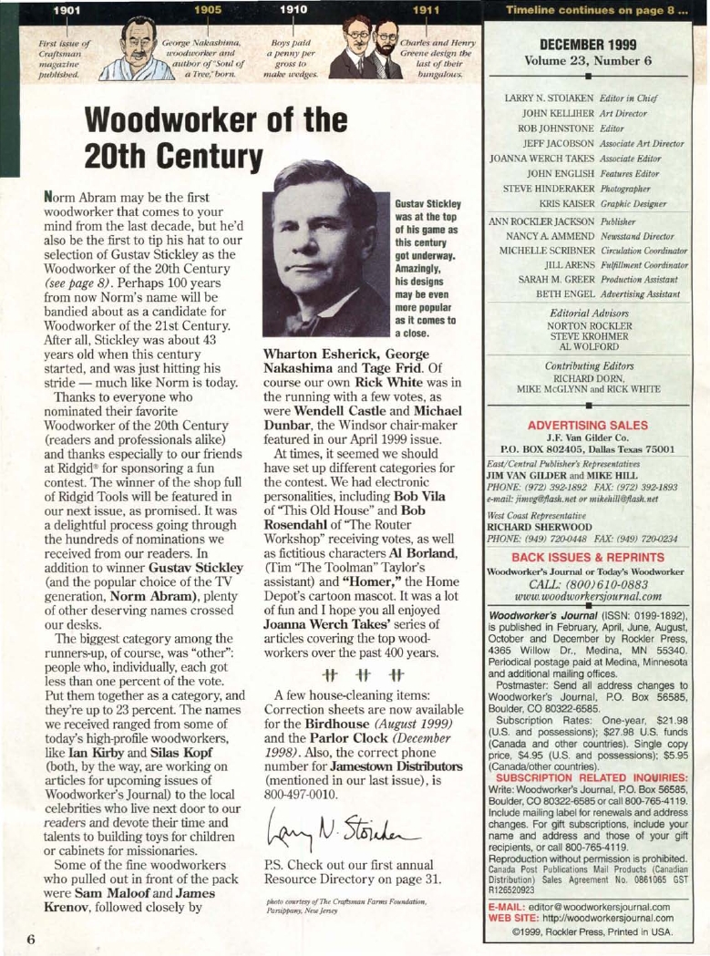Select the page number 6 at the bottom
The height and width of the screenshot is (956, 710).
[x=29, y=938]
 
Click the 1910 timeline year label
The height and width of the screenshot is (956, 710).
[x=293, y=8]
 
